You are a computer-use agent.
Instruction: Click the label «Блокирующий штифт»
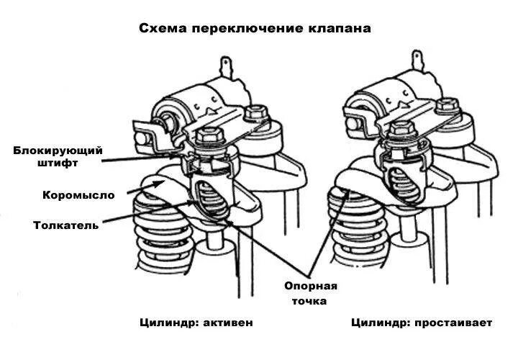(58, 156)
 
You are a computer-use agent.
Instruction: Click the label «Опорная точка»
(310, 292)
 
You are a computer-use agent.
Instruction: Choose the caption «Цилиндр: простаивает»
(422, 323)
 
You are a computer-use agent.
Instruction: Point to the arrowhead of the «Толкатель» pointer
(195, 203)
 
